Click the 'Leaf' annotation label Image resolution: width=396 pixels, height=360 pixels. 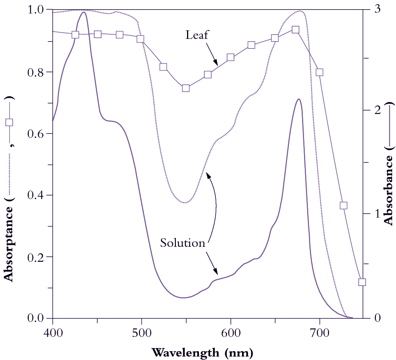(x=197, y=35)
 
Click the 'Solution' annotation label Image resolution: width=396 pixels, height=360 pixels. (x=183, y=243)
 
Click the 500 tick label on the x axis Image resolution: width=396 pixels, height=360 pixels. (x=142, y=331)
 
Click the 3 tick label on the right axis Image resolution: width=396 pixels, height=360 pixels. (x=378, y=9)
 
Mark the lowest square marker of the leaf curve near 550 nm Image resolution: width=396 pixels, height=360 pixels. (x=186, y=88)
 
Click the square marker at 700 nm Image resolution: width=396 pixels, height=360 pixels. (x=319, y=72)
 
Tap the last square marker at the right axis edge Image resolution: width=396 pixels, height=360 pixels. (x=362, y=282)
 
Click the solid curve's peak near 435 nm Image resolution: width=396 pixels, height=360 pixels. (x=84, y=12)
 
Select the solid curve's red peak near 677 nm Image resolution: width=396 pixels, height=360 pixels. (x=299, y=99)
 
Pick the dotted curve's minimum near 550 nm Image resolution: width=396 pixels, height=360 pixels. (x=185, y=203)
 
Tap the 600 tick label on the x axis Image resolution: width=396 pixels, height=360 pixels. (x=231, y=331)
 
